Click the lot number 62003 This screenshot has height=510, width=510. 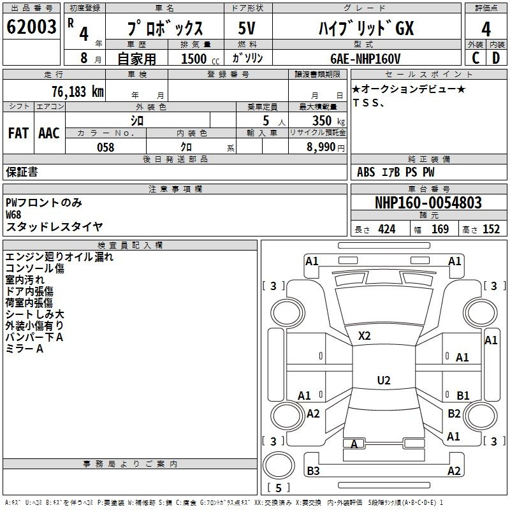[x=31, y=27]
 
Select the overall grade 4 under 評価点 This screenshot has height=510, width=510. [x=486, y=29]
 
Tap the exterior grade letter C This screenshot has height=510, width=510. [x=476, y=58]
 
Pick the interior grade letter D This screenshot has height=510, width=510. [x=496, y=58]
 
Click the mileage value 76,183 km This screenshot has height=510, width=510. [x=78, y=92]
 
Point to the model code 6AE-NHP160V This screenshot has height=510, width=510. [x=365, y=59]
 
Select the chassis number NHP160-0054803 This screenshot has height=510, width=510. [x=428, y=202]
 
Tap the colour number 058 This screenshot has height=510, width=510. [x=106, y=147]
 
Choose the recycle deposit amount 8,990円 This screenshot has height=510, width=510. [x=326, y=147]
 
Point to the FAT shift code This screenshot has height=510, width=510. [x=18, y=133]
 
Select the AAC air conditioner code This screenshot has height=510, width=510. [x=49, y=133]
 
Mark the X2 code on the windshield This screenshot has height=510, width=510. [x=364, y=336]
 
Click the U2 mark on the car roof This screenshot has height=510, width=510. [x=384, y=380]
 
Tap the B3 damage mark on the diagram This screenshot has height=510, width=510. [x=313, y=470]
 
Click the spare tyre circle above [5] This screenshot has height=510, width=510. [x=279, y=465]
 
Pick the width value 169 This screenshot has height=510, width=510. [x=440, y=229]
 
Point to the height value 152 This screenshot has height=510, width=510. [x=491, y=229]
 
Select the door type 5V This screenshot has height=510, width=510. [x=247, y=28]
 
